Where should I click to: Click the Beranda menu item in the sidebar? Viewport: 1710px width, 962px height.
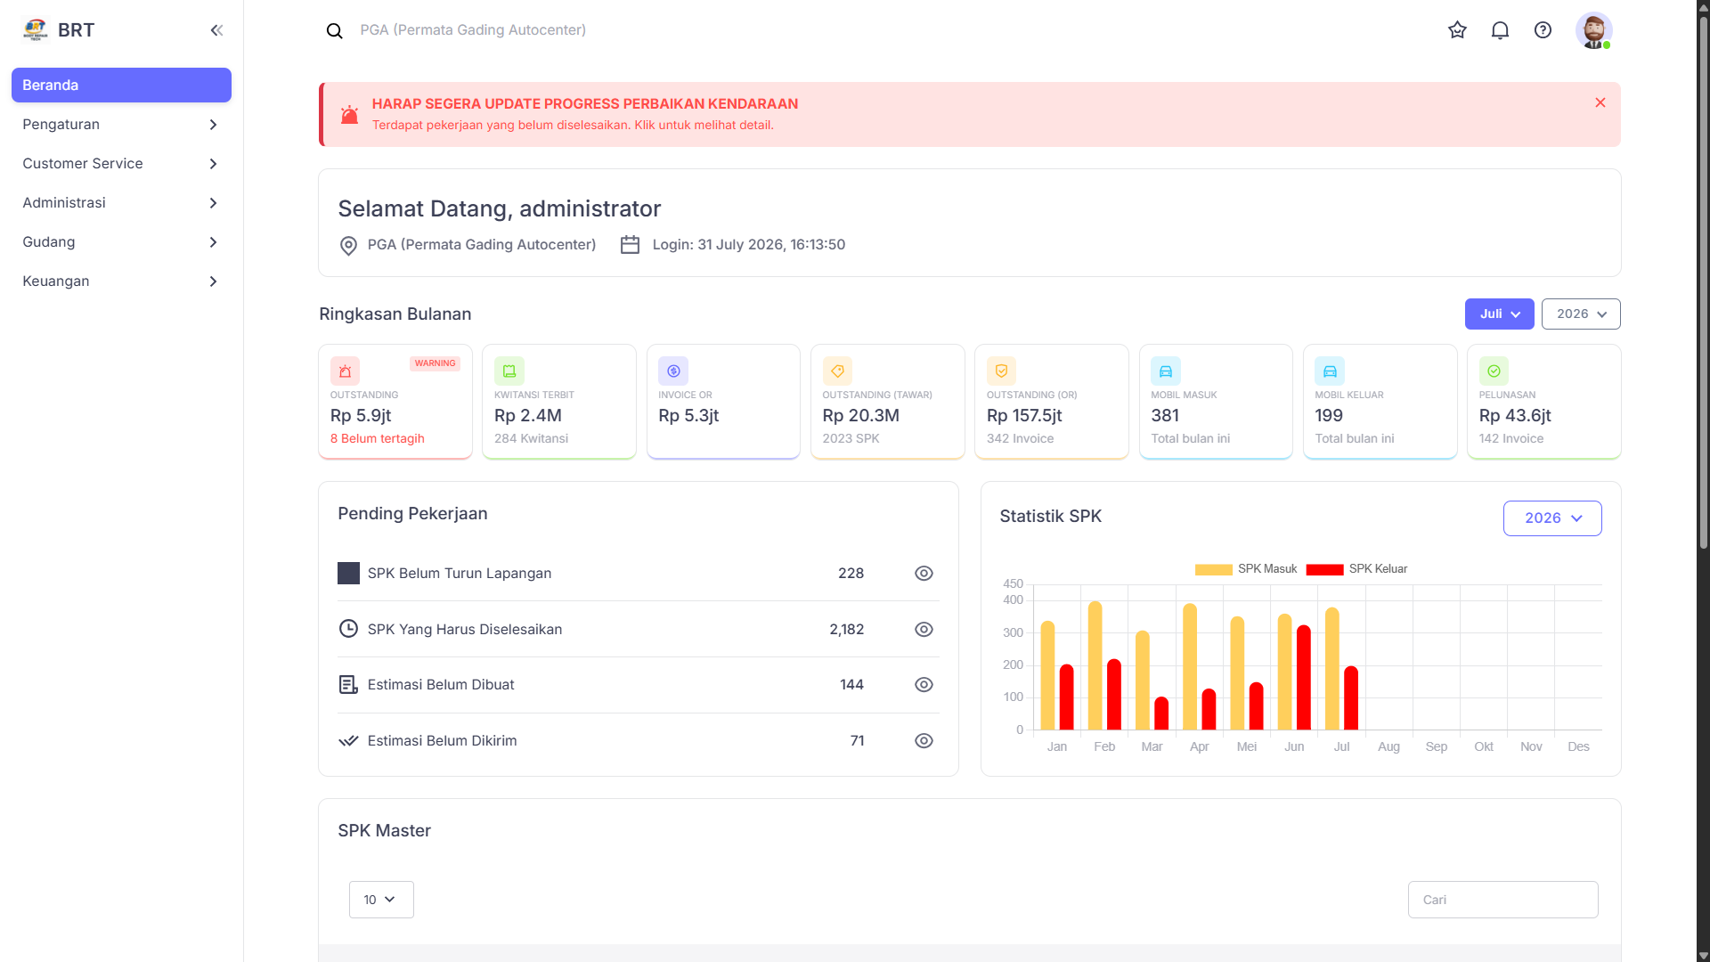coord(121,86)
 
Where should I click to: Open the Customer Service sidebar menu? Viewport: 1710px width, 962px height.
coord(121,164)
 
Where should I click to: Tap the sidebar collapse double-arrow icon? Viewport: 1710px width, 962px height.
coord(216,30)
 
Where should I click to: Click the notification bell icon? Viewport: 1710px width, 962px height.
coord(1500,30)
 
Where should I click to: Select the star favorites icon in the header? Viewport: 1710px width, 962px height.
coord(1457,30)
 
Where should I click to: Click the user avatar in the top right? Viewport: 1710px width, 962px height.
coord(1593,30)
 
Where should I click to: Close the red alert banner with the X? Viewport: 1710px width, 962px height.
coord(1600,102)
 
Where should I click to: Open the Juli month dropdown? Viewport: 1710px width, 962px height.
coord(1499,314)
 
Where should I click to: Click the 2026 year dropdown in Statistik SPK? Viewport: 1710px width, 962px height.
coord(1552,518)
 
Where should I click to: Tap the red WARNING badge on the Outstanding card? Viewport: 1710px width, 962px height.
coord(435,363)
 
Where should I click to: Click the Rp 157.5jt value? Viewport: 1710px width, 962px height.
coord(1024,416)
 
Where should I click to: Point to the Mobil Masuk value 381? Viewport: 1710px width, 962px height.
coord(1165,416)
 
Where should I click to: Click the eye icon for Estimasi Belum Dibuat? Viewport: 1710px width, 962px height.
coord(924,685)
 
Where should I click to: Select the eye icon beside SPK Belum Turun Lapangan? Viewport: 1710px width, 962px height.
coord(924,574)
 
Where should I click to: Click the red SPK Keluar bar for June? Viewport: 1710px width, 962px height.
coord(1304,678)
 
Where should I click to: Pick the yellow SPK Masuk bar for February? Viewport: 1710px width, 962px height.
coord(1095,666)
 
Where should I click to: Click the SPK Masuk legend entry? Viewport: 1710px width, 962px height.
coord(1246,569)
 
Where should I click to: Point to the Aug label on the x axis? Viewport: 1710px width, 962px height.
coord(1388,747)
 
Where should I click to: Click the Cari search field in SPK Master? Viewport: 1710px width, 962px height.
coord(1503,900)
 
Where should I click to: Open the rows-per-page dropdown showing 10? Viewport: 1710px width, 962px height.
coord(381,900)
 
